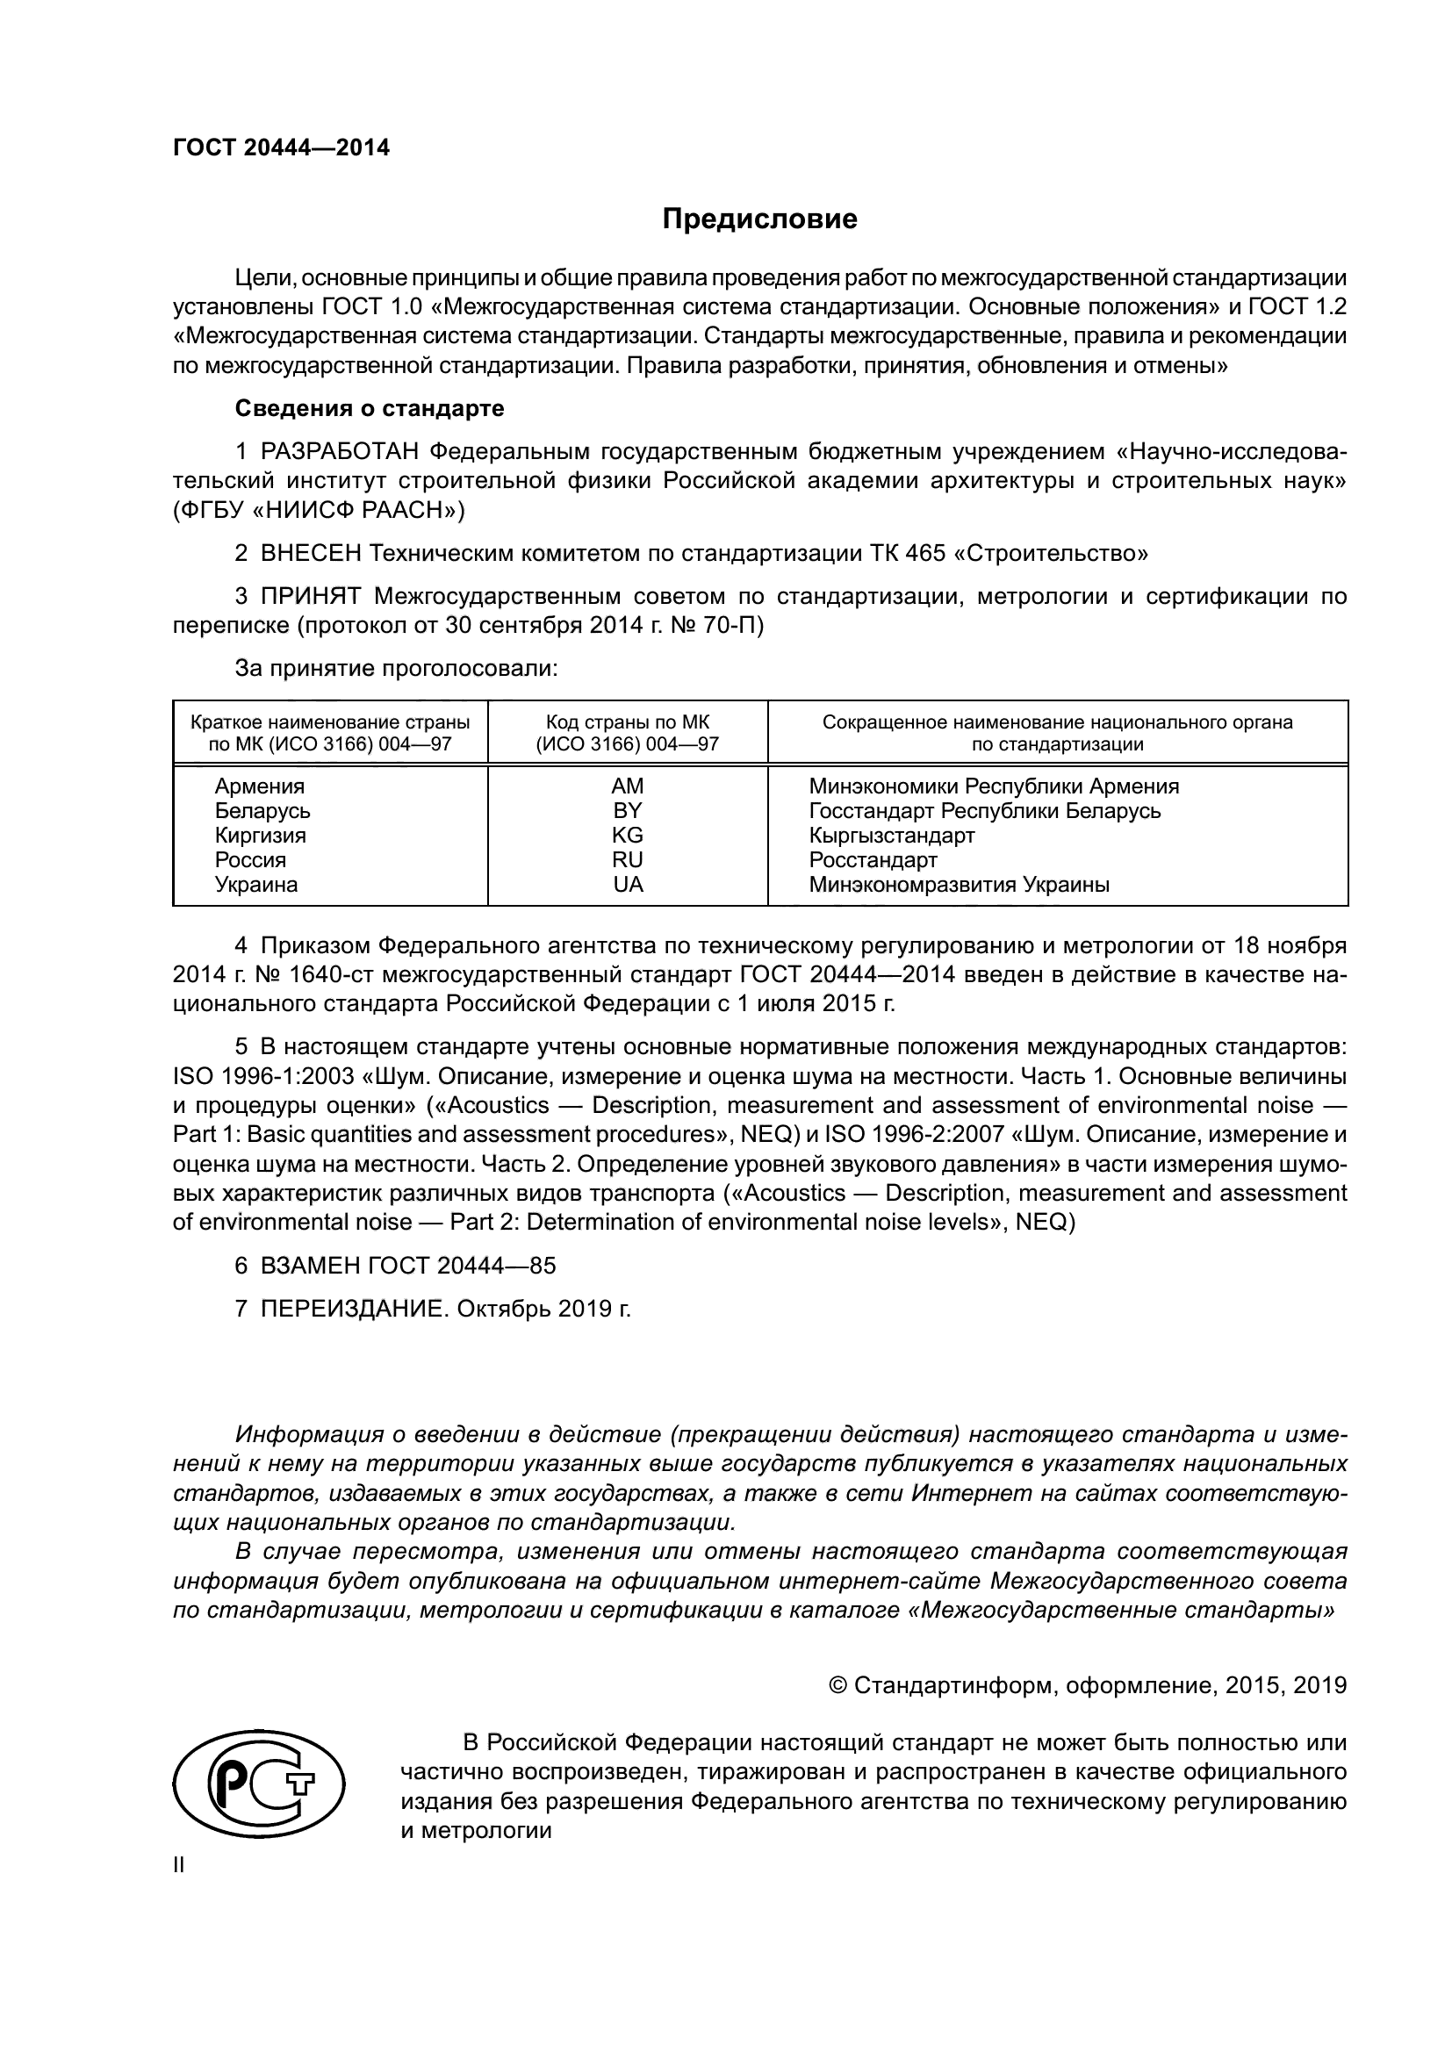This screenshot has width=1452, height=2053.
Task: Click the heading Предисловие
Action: (759, 219)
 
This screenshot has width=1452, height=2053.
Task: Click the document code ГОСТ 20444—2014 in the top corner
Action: (281, 147)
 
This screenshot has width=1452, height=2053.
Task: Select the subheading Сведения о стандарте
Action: (370, 409)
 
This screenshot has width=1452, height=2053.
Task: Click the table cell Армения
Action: (259, 786)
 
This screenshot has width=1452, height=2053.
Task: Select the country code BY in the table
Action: (627, 811)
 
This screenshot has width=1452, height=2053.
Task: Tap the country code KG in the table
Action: (627, 835)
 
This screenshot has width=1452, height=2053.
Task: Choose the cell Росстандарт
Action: (873, 860)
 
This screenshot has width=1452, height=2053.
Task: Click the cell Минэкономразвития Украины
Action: (959, 885)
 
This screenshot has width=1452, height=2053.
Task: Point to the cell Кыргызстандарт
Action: (891, 835)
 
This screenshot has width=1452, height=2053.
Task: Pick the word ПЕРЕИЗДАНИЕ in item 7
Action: (352, 1309)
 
